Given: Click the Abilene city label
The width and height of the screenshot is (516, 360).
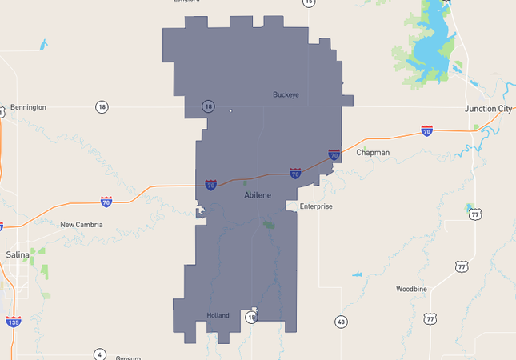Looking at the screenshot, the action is coord(258,194).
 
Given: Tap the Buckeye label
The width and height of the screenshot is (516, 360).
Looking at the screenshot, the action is coord(286,94).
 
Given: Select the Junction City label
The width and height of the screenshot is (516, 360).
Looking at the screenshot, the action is coord(487,108).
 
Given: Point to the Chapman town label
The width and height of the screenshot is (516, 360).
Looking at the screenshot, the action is coord(373,152).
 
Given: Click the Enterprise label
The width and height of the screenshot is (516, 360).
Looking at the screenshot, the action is coord(315,206).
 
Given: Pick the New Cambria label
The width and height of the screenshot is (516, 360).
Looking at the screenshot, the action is coord(82,225).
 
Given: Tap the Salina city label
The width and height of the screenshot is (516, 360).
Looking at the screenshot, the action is coord(18,254).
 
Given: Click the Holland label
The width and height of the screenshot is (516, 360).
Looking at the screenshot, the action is coord(218,315).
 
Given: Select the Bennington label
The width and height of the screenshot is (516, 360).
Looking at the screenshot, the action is coord(28,107).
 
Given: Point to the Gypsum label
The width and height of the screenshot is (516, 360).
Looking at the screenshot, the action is coord(128,357).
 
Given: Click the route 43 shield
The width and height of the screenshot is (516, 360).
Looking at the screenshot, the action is coord(342,322).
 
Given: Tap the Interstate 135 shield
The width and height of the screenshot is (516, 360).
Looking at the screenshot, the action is coord(13,322).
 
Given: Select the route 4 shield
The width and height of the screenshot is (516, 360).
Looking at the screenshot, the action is coord(99,354).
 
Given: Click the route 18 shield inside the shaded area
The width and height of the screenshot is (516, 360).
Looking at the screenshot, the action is coord(208,106).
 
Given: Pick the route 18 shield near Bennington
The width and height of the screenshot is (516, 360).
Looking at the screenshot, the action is coord(101,107).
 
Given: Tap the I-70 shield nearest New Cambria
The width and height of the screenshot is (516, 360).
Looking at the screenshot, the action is coord(106,202).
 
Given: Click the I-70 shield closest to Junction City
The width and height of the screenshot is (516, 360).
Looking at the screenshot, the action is coord(427,130).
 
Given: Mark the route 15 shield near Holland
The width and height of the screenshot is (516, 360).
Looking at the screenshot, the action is coord(251,318).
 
